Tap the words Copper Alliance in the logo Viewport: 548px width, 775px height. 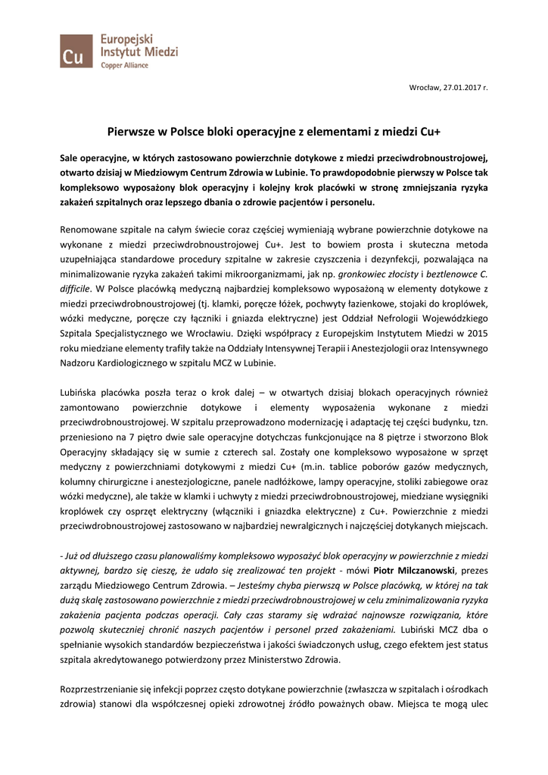click(125, 66)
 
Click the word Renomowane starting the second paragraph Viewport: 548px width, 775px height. click(90, 228)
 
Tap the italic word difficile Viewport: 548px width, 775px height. click(76, 291)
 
